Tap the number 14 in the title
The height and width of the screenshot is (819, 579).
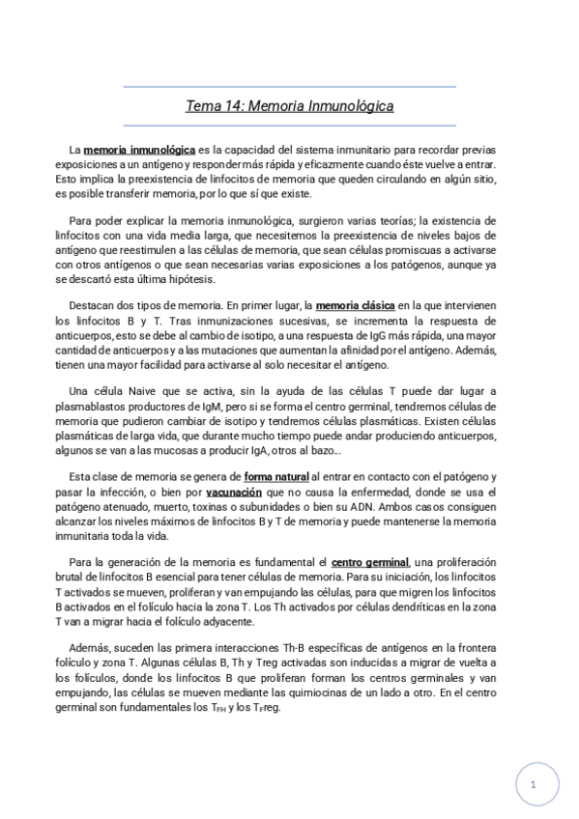click(x=233, y=106)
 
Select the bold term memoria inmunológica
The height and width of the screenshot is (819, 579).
click(x=139, y=151)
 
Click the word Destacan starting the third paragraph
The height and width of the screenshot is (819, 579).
click(x=96, y=303)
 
